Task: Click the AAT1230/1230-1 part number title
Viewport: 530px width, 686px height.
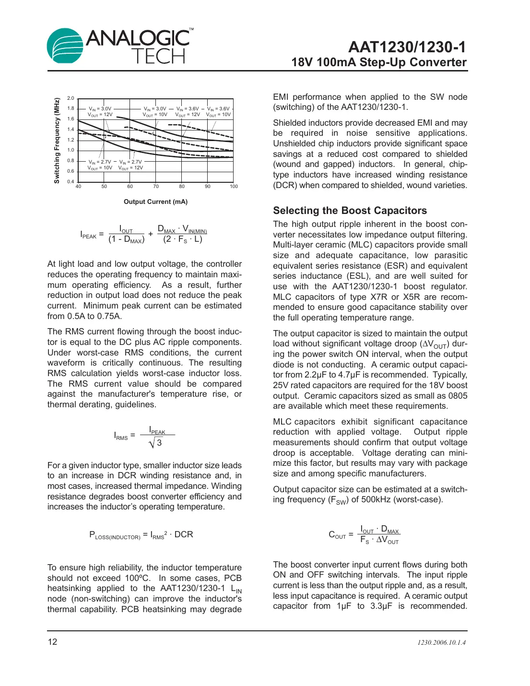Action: [407, 47]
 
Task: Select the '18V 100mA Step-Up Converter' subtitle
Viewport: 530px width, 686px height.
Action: [379, 62]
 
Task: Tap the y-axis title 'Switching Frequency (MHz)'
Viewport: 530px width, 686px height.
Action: [57, 141]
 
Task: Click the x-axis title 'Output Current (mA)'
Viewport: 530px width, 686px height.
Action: [155, 201]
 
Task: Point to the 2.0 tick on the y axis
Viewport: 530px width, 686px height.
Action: [71, 98]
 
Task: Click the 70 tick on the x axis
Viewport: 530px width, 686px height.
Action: [156, 186]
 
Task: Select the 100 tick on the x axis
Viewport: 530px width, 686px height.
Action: [234, 186]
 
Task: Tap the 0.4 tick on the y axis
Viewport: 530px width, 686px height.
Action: [71, 181]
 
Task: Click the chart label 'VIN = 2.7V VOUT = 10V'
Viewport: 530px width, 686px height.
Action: [100, 165]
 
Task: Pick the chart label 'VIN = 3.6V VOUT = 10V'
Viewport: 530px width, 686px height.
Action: [218, 112]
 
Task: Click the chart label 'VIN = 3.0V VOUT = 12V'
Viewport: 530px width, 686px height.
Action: [100, 112]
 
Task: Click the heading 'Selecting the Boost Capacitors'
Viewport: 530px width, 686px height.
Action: [350, 211]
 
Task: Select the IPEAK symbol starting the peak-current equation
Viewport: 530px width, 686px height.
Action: [88, 235]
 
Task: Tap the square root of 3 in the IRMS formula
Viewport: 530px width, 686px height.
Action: [156, 443]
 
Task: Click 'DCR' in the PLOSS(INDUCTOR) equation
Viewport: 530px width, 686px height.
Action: [184, 534]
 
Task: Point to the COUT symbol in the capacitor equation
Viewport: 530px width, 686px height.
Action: [337, 535]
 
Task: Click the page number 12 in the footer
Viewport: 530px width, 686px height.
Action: [52, 642]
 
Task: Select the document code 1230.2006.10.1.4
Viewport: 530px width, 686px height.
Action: [441, 642]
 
